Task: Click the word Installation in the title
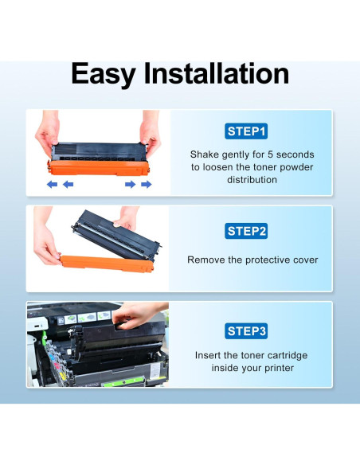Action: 217,73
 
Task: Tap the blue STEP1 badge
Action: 246,131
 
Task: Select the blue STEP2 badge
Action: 246,231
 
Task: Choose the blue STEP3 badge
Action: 246,331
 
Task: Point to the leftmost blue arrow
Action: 53,185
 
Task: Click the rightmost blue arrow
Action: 147,185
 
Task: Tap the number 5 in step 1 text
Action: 271,154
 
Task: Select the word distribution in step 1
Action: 252,180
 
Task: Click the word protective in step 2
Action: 268,260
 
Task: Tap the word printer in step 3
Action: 279,369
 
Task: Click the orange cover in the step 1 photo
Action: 99,168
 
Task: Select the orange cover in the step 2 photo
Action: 107,264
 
